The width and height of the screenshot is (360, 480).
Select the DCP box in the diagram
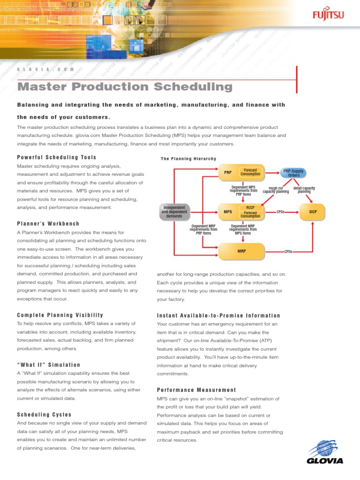click(313, 212)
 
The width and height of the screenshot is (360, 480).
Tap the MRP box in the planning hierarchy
click(241, 251)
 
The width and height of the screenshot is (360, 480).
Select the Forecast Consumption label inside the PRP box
click(250, 172)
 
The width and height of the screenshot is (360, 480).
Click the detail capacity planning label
click(304, 190)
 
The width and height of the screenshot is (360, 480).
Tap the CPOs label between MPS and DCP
click(281, 212)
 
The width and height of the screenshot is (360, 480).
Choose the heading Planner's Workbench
click(48, 224)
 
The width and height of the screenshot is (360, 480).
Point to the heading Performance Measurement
click(196, 390)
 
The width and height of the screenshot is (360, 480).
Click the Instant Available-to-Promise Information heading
click(218, 315)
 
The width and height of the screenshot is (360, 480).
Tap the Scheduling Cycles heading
click(44, 415)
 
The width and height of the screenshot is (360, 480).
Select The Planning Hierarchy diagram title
click(188, 159)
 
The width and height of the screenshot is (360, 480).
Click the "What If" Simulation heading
click(49, 365)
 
